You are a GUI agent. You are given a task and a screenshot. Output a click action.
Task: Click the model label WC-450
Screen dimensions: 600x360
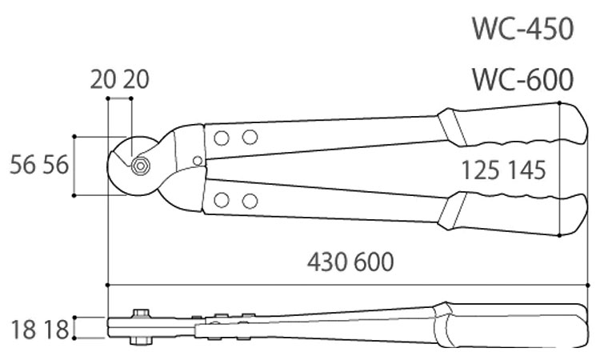523,29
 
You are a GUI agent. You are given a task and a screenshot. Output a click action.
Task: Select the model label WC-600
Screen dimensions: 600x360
523,79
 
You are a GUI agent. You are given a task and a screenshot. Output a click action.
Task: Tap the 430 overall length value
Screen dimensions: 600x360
327,262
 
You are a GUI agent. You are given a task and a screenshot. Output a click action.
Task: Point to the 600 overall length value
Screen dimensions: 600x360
374,262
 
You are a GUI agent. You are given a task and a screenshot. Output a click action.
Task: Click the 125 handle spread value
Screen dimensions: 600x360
481,170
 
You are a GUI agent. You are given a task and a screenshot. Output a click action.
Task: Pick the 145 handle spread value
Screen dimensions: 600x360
526,170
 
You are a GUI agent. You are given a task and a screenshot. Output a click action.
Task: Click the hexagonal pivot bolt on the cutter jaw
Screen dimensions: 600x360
140,166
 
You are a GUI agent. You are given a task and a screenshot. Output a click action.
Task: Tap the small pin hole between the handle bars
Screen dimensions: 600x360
198,161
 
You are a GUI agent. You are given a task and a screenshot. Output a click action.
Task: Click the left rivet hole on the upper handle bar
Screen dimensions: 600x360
222,138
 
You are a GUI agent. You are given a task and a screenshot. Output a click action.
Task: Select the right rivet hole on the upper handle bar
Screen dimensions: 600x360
250,137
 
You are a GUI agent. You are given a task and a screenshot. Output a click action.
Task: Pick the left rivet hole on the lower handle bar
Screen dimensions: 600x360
222,200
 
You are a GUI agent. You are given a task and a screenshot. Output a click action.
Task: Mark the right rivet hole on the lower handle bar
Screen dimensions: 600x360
250,201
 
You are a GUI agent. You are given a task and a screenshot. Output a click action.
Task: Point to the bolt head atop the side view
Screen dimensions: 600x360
140,314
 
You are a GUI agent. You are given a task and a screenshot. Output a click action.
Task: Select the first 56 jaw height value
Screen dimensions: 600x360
22,166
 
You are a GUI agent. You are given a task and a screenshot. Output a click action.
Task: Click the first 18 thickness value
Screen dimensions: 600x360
23,330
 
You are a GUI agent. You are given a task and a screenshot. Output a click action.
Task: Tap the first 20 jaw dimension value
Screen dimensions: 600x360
103,80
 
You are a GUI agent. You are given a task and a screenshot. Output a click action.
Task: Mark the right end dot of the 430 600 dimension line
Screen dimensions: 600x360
588,285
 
